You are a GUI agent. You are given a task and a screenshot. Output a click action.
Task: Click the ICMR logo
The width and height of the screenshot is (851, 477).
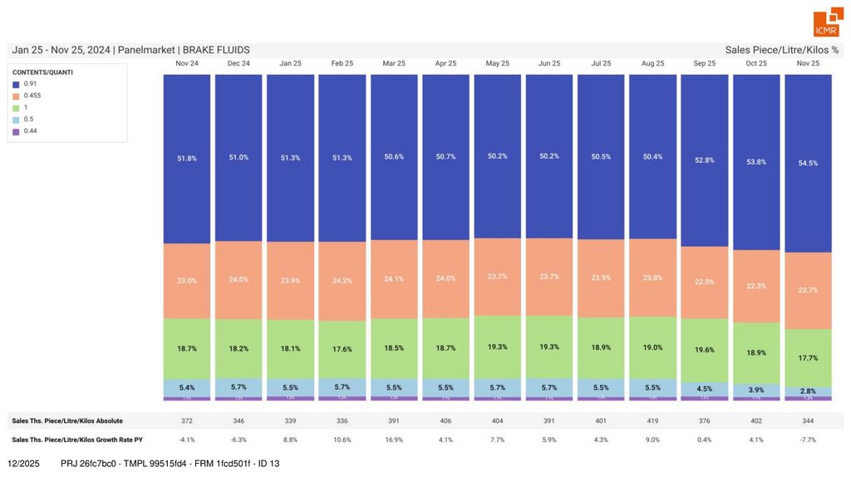(x=826, y=24)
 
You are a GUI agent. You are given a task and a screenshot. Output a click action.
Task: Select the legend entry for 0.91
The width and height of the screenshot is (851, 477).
(x=30, y=84)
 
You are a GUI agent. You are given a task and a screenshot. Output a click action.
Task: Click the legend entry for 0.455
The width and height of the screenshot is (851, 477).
(x=32, y=96)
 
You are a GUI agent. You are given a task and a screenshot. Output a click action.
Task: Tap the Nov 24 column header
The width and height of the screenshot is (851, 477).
(x=187, y=63)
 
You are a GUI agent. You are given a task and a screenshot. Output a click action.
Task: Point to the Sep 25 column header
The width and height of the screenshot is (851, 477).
(x=705, y=63)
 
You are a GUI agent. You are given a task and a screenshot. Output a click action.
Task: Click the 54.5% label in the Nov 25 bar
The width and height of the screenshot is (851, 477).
(x=808, y=163)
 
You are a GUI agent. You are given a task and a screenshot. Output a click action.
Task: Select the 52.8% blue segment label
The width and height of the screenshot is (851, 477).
(x=705, y=160)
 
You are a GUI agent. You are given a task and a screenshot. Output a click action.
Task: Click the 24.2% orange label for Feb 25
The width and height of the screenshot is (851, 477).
(x=342, y=281)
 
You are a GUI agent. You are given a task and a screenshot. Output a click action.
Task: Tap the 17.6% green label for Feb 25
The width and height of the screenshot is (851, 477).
(x=342, y=349)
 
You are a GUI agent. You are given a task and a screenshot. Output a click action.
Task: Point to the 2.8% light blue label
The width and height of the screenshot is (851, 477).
(x=808, y=391)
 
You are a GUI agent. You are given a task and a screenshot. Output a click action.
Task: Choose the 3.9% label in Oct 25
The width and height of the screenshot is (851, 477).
(x=756, y=390)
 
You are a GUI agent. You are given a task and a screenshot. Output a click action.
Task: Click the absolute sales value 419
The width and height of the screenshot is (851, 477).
(x=653, y=421)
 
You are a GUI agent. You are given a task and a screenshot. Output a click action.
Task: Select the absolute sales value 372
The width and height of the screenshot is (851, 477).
(x=187, y=421)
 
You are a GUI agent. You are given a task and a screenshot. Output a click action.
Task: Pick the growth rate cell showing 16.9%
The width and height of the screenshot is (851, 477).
(x=394, y=439)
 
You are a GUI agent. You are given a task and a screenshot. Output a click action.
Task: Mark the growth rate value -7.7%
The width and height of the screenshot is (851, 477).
(x=808, y=439)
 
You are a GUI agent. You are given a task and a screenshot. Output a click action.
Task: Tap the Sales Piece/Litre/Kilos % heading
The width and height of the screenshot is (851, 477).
(x=781, y=50)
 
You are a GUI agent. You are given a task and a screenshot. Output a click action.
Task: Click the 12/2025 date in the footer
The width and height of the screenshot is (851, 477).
(x=23, y=463)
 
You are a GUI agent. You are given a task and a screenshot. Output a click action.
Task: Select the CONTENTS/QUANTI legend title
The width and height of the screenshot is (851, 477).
(x=42, y=72)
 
